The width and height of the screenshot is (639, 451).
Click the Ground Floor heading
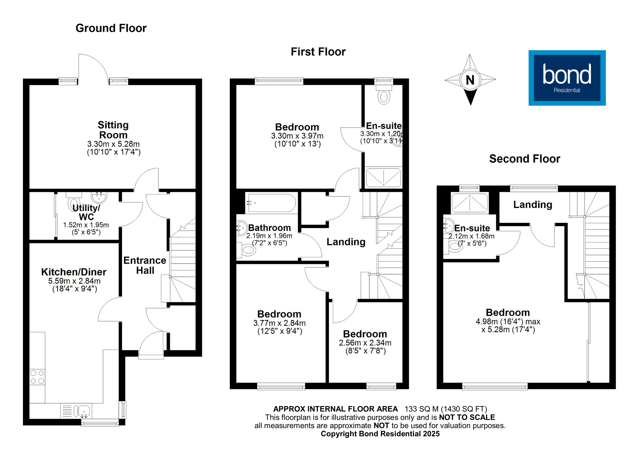coord(111,28)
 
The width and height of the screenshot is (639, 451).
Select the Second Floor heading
coord(525,159)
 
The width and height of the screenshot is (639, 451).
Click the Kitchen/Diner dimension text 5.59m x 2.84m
coord(74,281)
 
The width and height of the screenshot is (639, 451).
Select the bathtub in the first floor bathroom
coord(271,203)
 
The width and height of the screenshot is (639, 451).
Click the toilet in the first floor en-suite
coord(384,96)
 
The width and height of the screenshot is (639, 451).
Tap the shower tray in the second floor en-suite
coord(470,203)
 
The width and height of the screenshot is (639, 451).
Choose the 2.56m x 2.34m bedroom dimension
coord(365,343)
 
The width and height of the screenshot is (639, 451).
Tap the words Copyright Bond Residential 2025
coord(380,434)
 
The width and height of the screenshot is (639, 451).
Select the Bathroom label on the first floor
coord(269,228)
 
